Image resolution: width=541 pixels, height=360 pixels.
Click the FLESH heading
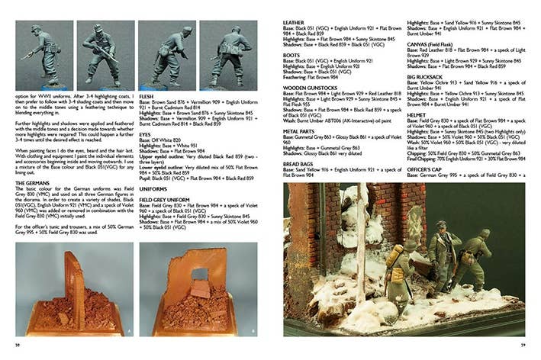[147, 98]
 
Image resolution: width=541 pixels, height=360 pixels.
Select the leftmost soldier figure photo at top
[44, 55]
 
